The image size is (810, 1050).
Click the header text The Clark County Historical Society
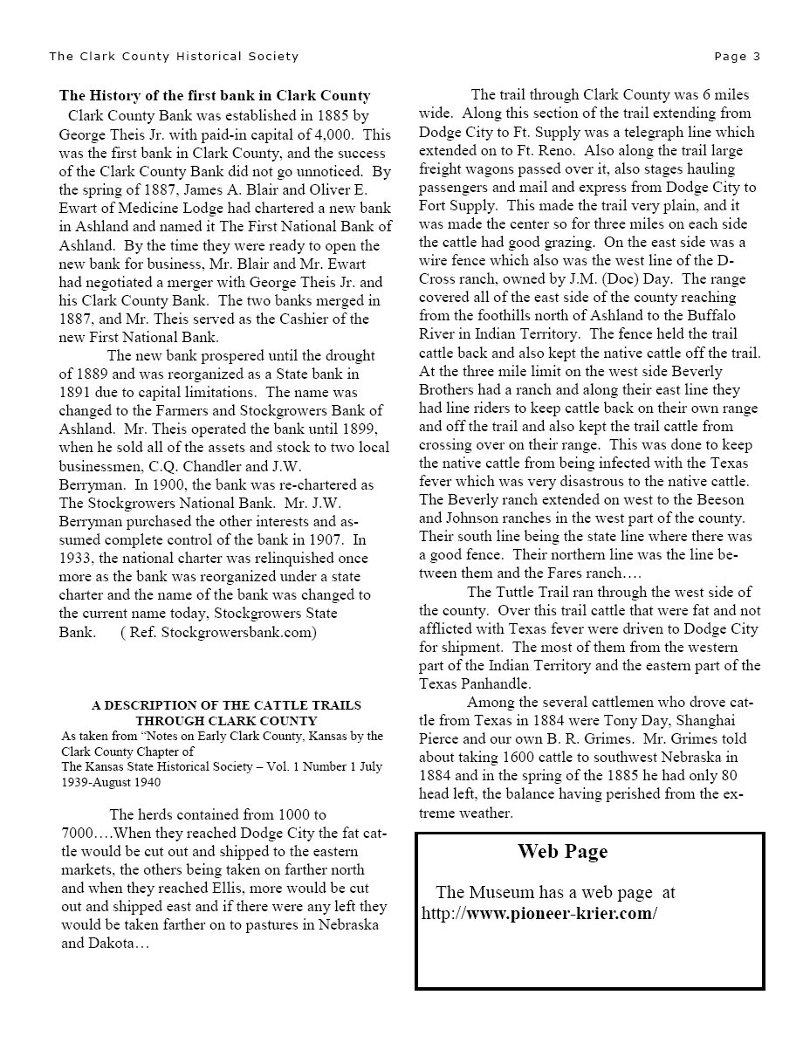(x=174, y=57)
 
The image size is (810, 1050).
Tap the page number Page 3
(x=737, y=57)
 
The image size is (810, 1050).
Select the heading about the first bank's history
(x=215, y=96)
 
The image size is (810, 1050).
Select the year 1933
(x=77, y=558)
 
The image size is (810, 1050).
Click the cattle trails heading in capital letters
(x=226, y=713)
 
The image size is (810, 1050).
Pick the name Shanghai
(x=703, y=720)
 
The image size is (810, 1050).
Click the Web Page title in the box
(x=562, y=852)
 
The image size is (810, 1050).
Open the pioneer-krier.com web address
(x=539, y=914)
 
